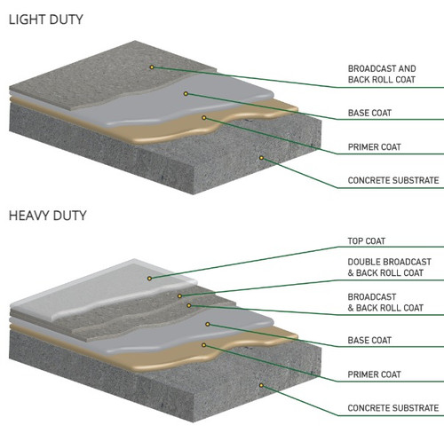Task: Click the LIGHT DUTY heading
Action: point(46,20)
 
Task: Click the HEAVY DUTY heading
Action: point(48,216)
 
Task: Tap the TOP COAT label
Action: point(367,241)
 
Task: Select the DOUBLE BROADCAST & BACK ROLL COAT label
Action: point(389,267)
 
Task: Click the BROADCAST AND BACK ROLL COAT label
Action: point(382,74)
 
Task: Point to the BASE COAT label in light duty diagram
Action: point(369,113)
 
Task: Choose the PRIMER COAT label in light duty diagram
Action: point(375,147)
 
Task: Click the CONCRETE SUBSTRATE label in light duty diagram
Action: point(393,180)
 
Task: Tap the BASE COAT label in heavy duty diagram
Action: point(369,341)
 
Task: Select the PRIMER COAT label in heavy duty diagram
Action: point(375,374)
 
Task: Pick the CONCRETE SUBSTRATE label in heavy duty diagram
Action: point(393,408)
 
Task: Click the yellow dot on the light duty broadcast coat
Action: point(152,67)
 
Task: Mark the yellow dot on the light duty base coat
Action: point(186,94)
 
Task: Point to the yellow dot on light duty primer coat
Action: point(204,118)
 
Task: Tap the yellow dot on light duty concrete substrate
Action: point(261,158)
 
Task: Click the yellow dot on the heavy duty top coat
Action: point(149,279)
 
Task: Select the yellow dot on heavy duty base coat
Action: point(208,325)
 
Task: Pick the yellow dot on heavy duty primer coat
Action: point(204,345)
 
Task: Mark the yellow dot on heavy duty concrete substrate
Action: point(261,385)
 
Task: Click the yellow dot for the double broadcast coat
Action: point(179,296)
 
